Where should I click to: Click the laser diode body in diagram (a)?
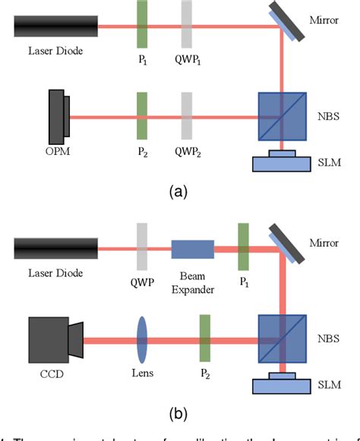pyautogui.click(x=55, y=27)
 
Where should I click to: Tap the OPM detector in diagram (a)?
pyautogui.click(x=57, y=117)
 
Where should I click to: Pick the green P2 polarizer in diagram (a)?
pyautogui.click(x=142, y=117)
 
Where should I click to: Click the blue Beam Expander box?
pyautogui.click(x=193, y=249)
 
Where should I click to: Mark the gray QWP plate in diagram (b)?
pyautogui.click(x=142, y=247)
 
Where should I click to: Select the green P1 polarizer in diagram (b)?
pyautogui.click(x=243, y=247)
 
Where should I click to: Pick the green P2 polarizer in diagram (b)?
pyautogui.click(x=204, y=339)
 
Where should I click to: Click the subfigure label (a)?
pyautogui.click(x=179, y=192)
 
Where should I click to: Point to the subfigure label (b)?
pyautogui.click(x=179, y=414)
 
